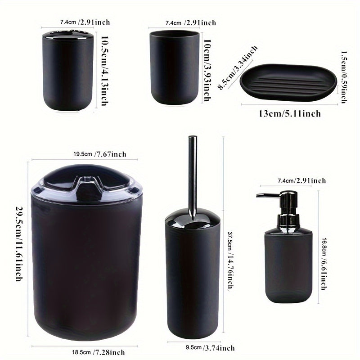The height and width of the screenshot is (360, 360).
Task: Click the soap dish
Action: [288, 82]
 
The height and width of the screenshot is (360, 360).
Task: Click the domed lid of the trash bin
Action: [86, 183]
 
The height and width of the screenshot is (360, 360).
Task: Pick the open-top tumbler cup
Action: [174, 67]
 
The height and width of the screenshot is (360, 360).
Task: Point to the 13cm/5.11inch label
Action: [290, 113]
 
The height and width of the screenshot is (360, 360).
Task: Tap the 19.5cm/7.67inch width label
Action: [100, 154]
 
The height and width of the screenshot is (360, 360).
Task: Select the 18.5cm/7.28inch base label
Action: [99, 352]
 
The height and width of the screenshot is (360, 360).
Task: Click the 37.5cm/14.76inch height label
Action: [230, 260]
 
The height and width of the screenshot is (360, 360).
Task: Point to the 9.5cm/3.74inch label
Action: [210, 348]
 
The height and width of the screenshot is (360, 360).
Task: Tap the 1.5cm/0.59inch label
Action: [344, 77]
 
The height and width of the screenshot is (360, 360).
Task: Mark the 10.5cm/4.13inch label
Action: [104, 71]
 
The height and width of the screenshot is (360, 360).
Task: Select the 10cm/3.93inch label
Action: [207, 70]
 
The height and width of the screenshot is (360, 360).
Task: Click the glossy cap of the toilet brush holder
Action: [193, 218]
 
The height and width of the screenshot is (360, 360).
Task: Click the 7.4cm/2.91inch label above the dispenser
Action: [301, 181]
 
